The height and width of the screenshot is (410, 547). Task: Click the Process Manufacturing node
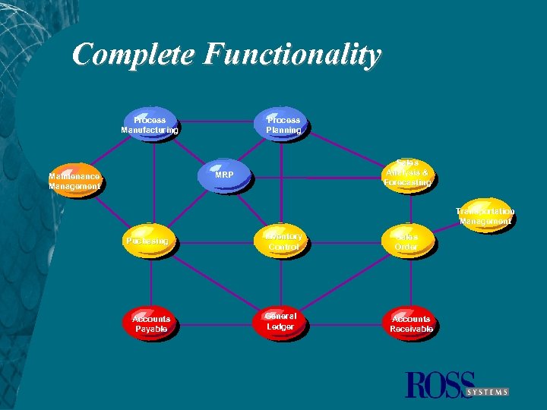tap(150, 125)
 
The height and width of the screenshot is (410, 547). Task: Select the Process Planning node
tap(283, 125)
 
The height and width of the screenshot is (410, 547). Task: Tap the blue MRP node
tap(223, 176)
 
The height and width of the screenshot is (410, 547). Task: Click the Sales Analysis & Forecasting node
tap(408, 174)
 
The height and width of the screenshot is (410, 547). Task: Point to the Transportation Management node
tap(485, 216)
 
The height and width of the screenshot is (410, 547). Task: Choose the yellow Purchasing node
tap(148, 241)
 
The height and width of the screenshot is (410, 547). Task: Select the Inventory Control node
tap(283, 241)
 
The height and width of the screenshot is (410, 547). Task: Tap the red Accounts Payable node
tap(151, 324)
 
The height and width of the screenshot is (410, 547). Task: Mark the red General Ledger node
tap(281, 322)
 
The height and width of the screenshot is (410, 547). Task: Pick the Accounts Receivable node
tap(411, 324)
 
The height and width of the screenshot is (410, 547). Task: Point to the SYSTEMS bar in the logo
tap(487, 392)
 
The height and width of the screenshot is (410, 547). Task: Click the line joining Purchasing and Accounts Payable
tap(150, 281)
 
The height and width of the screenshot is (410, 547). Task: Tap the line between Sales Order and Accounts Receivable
tap(411, 281)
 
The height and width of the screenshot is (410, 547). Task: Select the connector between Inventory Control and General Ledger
tap(282, 281)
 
